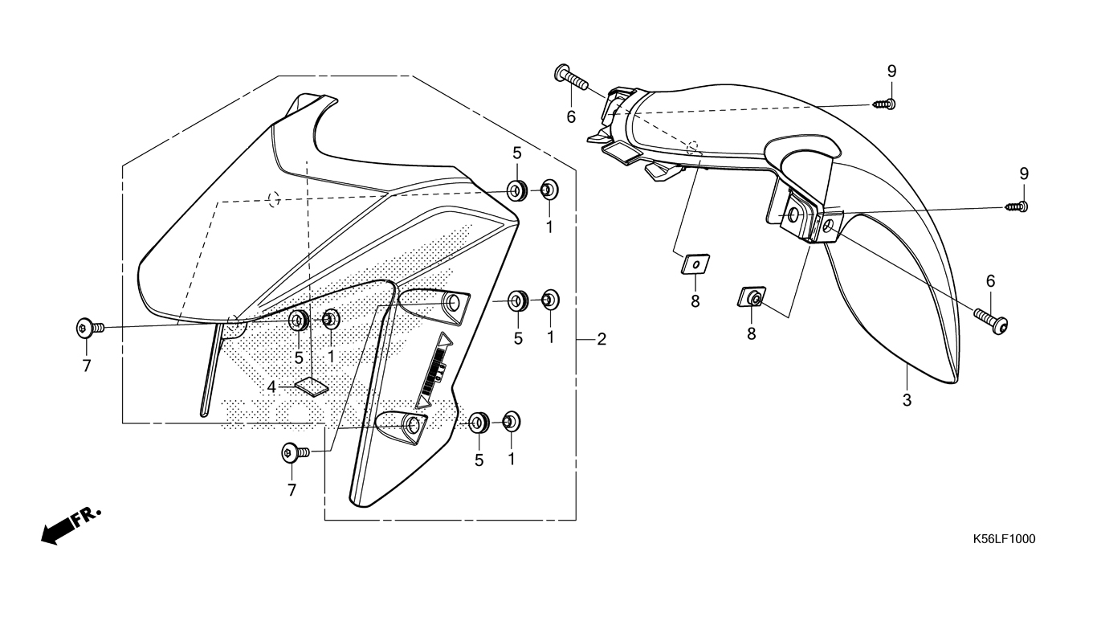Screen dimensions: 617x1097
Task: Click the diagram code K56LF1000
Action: (1003, 539)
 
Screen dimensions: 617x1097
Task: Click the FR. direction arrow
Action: (71, 525)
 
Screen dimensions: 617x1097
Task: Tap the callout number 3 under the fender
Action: (907, 399)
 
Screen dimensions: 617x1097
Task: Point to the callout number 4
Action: (272, 387)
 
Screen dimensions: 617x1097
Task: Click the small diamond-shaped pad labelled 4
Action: (312, 386)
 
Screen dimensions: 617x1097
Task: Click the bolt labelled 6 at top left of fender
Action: (570, 78)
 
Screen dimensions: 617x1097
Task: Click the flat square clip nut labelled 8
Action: (695, 263)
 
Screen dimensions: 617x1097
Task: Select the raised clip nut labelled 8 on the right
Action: (752, 298)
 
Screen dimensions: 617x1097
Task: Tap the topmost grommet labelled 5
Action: (516, 191)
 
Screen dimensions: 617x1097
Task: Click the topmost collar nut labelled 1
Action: (549, 190)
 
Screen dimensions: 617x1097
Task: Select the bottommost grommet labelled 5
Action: (479, 421)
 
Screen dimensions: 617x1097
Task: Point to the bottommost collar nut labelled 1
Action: (511, 419)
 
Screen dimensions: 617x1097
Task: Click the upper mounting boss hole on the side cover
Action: (454, 304)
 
